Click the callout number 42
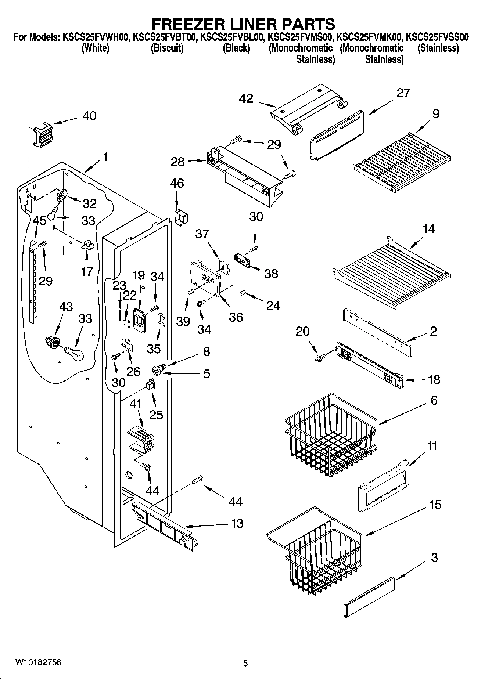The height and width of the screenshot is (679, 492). pos(246,99)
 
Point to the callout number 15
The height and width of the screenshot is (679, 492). pos(435,505)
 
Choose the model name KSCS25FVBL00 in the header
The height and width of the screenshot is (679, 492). pos(232,37)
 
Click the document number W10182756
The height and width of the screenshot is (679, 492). pos(38,662)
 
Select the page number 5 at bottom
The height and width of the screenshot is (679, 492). pos(245,663)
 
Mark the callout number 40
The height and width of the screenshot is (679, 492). pos(89,116)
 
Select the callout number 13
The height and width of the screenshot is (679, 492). pos(237,523)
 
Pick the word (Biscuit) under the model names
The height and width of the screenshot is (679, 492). pos(167,48)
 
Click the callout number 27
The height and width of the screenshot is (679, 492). pos(403,93)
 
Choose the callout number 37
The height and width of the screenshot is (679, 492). pos(202,234)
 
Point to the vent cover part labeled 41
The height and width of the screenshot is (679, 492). pos(141,439)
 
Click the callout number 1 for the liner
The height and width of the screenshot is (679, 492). pos(105,157)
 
